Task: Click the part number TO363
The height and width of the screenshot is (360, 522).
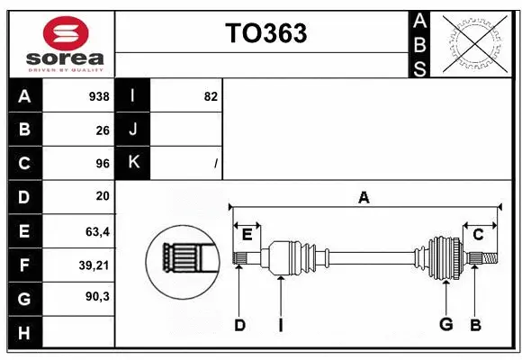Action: coord(265,33)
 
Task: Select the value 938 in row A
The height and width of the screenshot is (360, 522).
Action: coord(98,96)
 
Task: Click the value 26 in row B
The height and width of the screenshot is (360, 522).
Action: coord(103,130)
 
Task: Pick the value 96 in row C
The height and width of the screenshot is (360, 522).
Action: coord(103,163)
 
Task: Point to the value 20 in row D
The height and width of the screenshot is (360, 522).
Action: coord(103,195)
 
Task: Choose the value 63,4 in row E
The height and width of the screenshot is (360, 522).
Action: coord(97,231)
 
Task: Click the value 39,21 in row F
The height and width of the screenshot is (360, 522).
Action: coord(94,265)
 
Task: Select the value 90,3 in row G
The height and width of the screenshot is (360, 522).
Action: coord(97,296)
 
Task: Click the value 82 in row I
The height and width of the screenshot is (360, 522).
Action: coord(211,96)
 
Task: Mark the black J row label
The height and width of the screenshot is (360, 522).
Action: coord(133,130)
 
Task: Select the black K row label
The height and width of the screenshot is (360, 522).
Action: coord(133,163)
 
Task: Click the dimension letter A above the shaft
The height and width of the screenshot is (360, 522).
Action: coord(364,198)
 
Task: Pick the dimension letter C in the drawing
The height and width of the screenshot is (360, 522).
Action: coord(479,235)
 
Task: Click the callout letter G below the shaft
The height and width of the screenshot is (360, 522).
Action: coord(445,324)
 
